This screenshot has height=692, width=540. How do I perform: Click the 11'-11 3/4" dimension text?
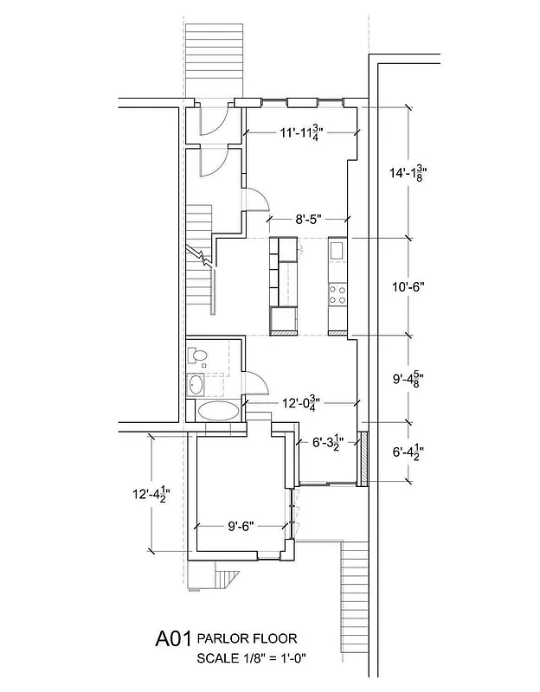tap(300, 133)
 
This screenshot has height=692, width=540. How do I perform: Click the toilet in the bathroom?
tap(198, 355)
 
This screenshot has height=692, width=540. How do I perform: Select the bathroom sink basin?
tap(198, 385)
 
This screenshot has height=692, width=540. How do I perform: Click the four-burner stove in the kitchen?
tap(337, 294)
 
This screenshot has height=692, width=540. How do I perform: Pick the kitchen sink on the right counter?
tap(337, 252)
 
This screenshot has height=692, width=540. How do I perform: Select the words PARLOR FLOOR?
tap(247, 638)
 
